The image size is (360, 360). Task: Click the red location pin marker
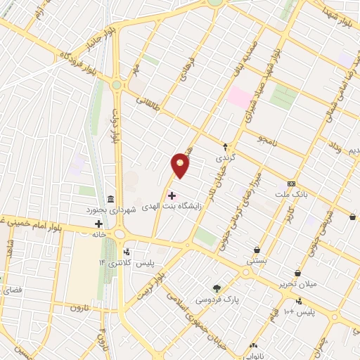point(181,165)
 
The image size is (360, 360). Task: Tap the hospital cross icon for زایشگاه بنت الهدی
point(172,195)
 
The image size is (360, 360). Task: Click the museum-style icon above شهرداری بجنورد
point(110,199)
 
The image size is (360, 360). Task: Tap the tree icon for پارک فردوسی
point(217,288)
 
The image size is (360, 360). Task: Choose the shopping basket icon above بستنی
point(257,249)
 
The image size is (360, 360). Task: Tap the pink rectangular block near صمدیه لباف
point(240,98)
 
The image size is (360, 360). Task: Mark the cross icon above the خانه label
point(98,224)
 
